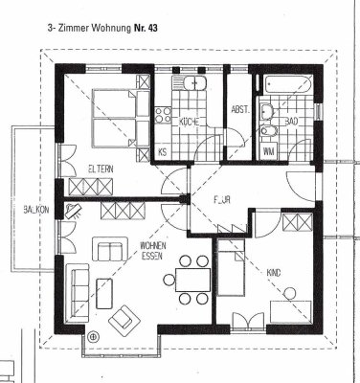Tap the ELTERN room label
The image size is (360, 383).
tap(101, 169)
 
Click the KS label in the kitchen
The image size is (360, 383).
tap(164, 152)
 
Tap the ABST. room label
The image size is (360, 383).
tap(239, 110)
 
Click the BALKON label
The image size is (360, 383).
tap(22, 209)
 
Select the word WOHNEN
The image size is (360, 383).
tap(153, 245)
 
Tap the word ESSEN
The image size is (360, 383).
tap(152, 257)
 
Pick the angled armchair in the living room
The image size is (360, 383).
tap(123, 320)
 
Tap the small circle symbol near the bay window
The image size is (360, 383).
tap(93, 336)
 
